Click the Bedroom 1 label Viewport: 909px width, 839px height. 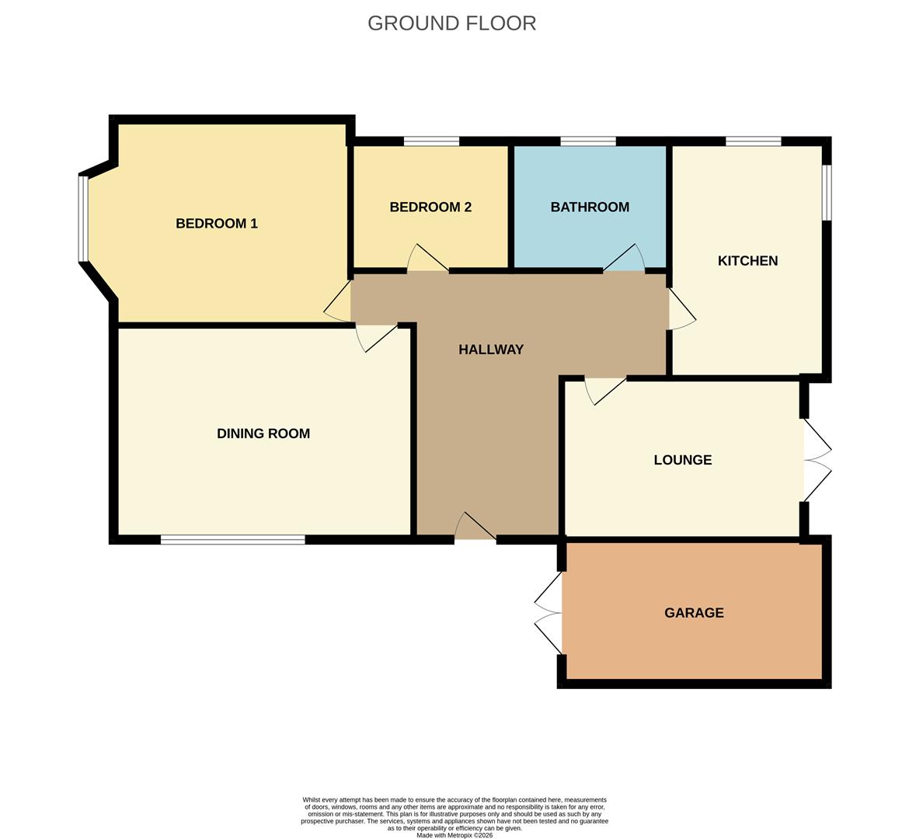216,224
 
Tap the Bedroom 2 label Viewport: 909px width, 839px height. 430,207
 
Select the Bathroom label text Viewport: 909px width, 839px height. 590,207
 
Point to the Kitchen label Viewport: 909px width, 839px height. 747,261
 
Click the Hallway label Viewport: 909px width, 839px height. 491,350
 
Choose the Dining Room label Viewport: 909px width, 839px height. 263,433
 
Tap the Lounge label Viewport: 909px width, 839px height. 683,460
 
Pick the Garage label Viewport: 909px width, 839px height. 694,613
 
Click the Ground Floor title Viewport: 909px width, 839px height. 451,23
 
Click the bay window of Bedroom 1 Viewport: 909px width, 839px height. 82,218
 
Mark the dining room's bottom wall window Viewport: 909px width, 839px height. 232,539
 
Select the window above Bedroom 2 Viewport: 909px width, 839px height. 431,141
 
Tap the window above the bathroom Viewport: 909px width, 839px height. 588,141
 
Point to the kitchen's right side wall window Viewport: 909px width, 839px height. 827,192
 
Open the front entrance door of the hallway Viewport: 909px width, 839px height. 475,528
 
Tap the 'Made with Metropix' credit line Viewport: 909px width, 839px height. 454,835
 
